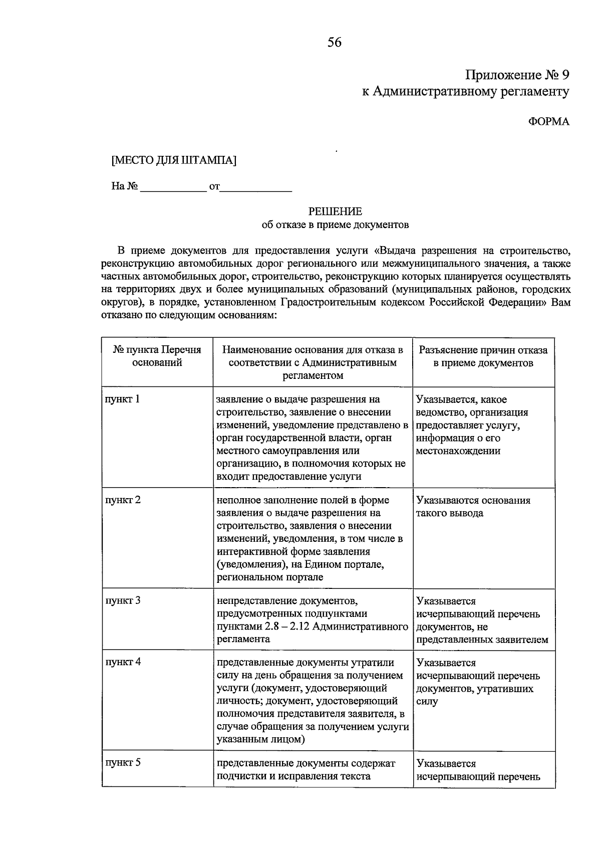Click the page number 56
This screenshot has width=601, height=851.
click(335, 43)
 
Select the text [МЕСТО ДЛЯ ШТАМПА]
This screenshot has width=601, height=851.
click(174, 160)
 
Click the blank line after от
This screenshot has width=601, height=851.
click(256, 188)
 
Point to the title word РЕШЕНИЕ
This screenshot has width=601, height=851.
click(335, 211)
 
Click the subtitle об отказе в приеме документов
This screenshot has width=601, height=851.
click(335, 225)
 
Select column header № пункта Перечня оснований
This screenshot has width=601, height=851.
click(157, 356)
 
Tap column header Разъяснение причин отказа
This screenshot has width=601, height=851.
click(483, 356)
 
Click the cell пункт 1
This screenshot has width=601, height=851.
click(123, 399)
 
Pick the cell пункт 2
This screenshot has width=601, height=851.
click(123, 500)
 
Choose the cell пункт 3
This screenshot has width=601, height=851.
click(123, 600)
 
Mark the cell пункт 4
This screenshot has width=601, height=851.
click(123, 662)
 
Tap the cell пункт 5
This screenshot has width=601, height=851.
click(123, 763)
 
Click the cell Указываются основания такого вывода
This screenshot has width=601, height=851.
click(473, 507)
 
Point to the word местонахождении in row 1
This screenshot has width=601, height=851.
click(458, 451)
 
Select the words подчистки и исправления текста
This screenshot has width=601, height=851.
click(293, 776)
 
